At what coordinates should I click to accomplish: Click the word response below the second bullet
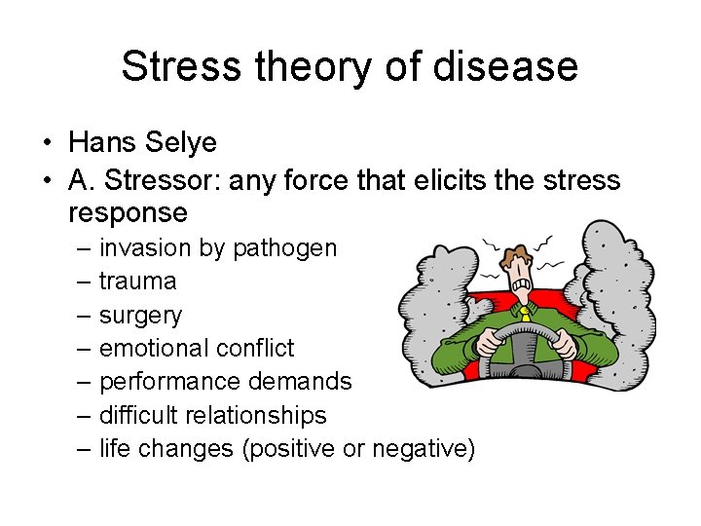click(x=128, y=212)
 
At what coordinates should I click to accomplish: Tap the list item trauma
click(x=137, y=282)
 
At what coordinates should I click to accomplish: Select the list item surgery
click(x=140, y=316)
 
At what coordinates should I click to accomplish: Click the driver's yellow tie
click(x=525, y=311)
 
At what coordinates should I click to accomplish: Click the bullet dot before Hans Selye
click(x=47, y=144)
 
